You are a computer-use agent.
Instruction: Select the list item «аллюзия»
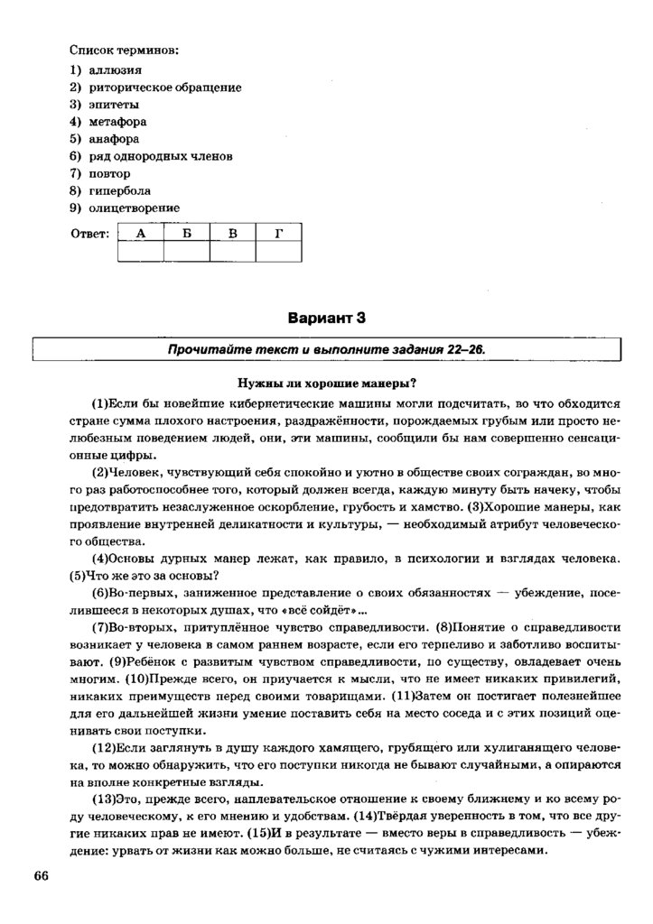pos(116,69)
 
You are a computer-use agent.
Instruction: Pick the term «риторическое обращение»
pos(165,87)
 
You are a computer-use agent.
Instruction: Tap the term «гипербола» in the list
pos(119,190)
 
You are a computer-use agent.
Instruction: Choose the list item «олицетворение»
pos(134,208)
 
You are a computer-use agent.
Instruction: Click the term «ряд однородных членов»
pos(161,156)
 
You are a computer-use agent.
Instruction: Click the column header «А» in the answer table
pos(140,234)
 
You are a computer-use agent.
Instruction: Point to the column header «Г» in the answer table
pos(279,234)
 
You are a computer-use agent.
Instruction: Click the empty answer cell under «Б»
pos(186,252)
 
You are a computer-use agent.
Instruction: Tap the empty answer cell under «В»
pos(232,252)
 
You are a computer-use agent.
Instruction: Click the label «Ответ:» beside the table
pos(89,235)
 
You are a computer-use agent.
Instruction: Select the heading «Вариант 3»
pos(326,318)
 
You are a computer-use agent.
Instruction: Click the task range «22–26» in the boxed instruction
pos(472,349)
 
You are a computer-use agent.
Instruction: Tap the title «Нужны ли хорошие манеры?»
pos(326,382)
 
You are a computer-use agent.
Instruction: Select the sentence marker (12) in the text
pos(102,750)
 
